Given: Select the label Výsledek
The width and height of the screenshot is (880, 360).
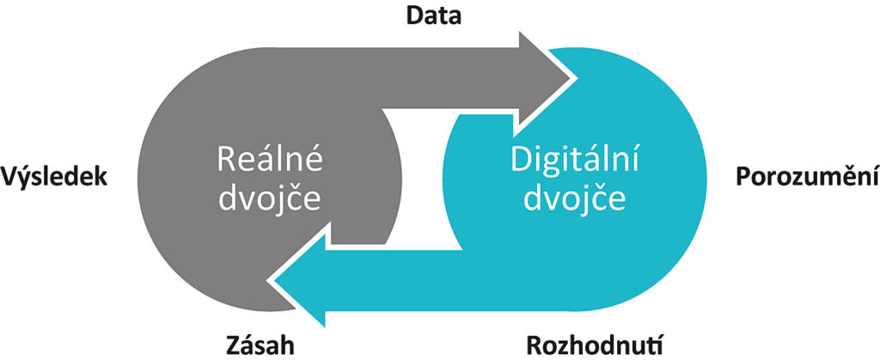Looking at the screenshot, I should [55, 178].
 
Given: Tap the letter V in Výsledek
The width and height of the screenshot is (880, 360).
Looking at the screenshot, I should [11, 178].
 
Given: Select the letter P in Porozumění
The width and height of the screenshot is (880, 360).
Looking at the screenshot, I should [745, 178].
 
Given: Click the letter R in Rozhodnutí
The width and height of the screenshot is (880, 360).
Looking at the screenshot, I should [532, 345].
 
